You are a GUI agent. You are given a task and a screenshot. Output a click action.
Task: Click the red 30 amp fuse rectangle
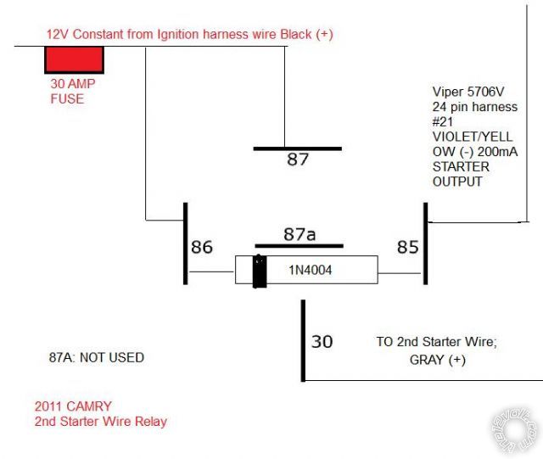[x=75, y=59]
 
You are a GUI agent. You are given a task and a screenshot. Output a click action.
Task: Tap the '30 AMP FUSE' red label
[x=68, y=92]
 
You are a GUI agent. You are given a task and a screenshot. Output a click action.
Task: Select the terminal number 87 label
[x=297, y=160]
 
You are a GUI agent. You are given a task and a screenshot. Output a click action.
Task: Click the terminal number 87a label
[x=298, y=233]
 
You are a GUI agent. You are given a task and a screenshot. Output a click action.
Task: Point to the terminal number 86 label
[x=202, y=247]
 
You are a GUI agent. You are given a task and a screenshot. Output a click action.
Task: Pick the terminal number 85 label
[x=408, y=247]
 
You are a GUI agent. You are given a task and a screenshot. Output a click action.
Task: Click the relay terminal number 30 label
[x=322, y=342]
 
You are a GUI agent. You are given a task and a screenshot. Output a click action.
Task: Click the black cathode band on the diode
[x=255, y=271]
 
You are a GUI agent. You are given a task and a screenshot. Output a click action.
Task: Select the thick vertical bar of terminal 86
[x=185, y=243]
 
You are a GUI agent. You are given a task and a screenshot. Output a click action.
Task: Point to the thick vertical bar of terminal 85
[x=425, y=243]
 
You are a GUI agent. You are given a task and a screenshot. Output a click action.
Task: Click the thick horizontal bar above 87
[x=297, y=148]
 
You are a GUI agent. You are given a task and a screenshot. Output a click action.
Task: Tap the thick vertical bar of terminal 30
[x=302, y=341]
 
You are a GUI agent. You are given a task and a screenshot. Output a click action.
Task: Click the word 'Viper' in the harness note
[x=447, y=92]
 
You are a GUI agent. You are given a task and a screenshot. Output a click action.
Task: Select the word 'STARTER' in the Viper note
[x=461, y=167]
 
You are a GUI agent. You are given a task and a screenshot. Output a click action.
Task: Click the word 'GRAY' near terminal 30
[x=416, y=359]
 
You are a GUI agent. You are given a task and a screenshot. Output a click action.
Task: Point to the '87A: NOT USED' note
[x=98, y=358]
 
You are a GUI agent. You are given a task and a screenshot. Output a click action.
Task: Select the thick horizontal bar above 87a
[x=298, y=245]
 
